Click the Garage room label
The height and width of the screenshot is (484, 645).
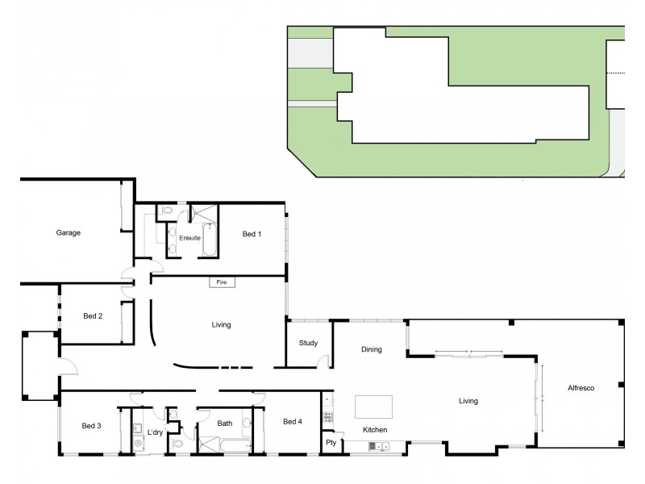coord(68,232)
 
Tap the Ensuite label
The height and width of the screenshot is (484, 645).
coord(189,238)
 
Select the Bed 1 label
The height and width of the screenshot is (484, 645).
coord(252,234)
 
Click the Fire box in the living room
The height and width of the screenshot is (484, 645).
coord(221,282)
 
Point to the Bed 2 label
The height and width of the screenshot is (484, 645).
coord(93,315)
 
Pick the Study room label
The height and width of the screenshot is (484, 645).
coord(308,343)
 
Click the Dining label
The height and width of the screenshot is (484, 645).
coord(371,349)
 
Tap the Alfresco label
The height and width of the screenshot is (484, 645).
coord(580,389)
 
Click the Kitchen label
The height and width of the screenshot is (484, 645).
coord(375,430)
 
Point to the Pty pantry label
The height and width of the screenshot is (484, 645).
coord(331,443)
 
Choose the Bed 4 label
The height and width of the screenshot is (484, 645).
coord(293,421)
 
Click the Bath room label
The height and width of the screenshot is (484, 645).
coord(224,423)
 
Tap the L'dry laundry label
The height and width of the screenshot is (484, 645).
coord(156,432)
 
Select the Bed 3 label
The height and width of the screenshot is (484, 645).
coord(91,425)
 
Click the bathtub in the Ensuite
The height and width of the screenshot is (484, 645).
coord(209,240)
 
